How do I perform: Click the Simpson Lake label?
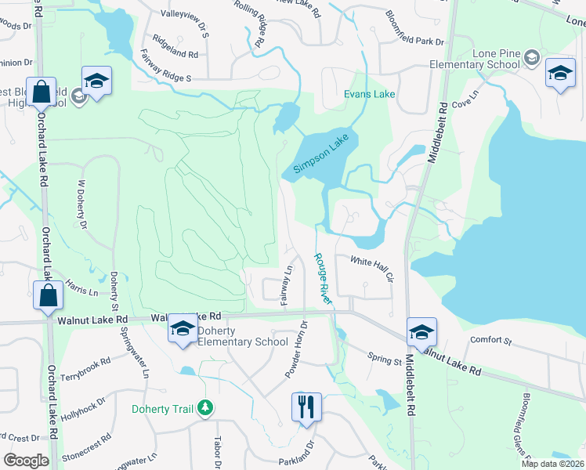pos(320,154)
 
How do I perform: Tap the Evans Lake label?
pos(371,94)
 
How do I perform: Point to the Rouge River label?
pos(324,278)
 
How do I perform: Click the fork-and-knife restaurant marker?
pos(304,407)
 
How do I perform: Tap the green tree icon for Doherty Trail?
pos(205,407)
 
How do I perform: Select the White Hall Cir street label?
pos(371,266)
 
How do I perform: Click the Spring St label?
pos(384,357)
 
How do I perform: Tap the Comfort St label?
pos(490,341)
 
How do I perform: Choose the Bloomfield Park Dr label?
pos(414,27)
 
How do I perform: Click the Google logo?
pos(26,461)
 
